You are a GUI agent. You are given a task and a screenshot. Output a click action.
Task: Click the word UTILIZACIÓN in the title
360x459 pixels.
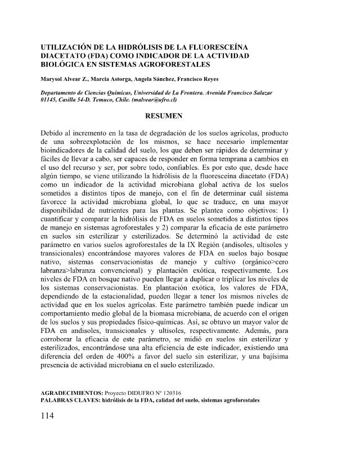[69, 47]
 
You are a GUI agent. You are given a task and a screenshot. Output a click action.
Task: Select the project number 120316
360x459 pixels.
[169, 392]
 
